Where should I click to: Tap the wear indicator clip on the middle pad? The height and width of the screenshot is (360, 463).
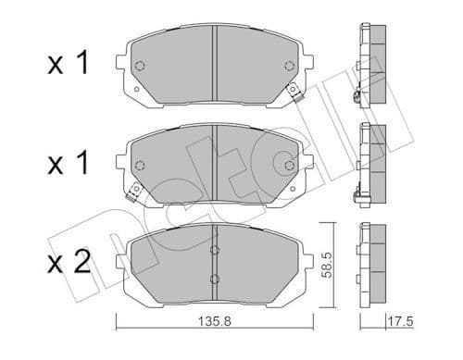(x=133, y=192)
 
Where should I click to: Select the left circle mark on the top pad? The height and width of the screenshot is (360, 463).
(x=140, y=66)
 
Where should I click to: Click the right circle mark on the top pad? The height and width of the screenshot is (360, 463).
(x=289, y=66)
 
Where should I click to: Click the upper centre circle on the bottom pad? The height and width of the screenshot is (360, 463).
(x=214, y=249)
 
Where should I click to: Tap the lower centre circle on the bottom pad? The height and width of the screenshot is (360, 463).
(x=214, y=279)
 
